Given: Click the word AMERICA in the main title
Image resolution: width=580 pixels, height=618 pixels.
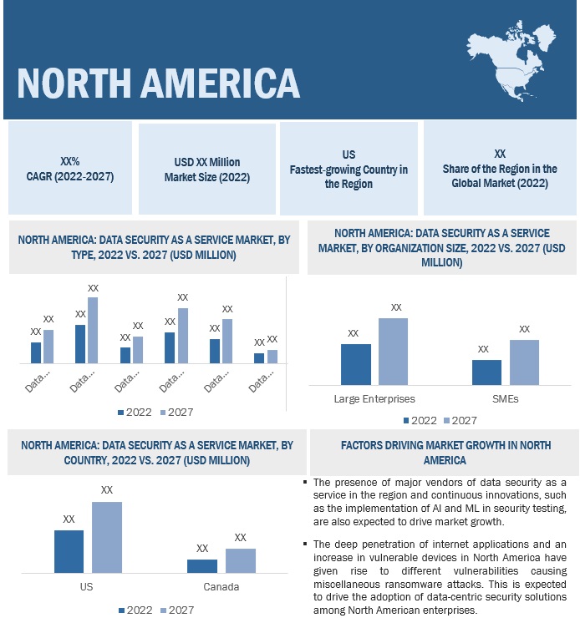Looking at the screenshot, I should pos(206,83).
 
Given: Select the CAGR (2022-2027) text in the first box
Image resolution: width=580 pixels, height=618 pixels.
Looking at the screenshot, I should pos(70,176).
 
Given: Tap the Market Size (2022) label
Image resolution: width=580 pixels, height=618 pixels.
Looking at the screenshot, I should pos(206,177).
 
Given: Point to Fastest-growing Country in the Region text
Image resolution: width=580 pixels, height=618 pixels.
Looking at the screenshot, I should pos(349,176).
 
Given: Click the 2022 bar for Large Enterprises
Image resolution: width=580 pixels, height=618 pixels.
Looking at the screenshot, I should pos(355,364).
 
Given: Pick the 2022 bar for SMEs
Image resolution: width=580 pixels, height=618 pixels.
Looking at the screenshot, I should pos(486,372).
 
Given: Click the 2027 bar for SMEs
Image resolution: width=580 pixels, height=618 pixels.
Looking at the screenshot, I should pos(524,362).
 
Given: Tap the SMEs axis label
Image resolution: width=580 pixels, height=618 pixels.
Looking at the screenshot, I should pos(505,398).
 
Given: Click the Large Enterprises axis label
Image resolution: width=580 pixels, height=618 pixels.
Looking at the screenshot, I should pos(374,398).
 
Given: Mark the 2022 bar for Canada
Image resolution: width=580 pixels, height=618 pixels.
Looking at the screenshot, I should pos(201,565).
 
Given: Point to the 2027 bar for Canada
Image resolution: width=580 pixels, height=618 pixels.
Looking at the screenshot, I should pos(241,560).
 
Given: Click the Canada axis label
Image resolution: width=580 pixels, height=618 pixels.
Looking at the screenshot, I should pos(221,586).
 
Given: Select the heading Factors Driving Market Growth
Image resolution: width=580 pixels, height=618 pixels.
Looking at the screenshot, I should pos(444,453).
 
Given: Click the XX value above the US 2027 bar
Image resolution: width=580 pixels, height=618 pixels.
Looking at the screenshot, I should pos(107,490).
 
